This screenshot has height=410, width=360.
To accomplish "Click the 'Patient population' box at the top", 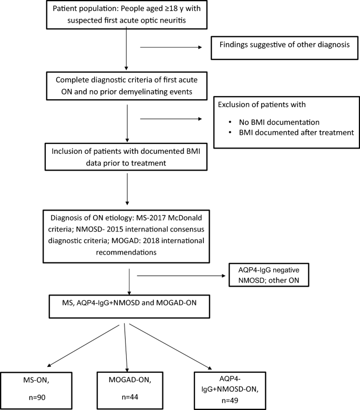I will (126, 15).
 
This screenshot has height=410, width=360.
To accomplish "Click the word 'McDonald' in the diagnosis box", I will (184, 215).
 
